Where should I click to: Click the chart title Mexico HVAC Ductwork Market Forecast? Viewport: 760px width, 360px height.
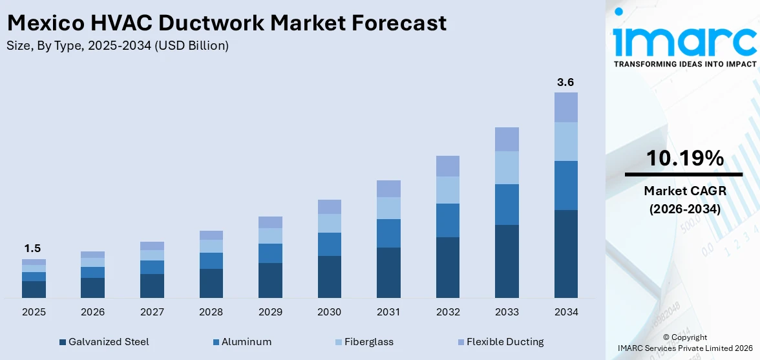pos(226,23)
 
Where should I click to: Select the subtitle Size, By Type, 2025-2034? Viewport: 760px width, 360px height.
pos(117,46)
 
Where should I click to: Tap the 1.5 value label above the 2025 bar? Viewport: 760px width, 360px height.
pos(34,249)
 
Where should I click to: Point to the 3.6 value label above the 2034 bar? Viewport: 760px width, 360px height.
pos(565,82)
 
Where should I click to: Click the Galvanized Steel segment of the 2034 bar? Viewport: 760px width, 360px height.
pos(565,253)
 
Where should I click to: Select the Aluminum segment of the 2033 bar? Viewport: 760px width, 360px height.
pos(507,204)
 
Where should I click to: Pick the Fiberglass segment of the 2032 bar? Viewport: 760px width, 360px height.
pos(447,190)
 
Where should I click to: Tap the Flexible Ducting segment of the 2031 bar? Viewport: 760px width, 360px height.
pos(388,189)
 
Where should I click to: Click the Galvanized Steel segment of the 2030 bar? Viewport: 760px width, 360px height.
pos(329,277)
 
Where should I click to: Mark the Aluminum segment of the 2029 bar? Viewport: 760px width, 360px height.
pos(270,253)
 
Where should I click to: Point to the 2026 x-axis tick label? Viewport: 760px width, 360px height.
pos(93,312)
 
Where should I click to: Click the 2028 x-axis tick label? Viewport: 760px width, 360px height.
pos(211,312)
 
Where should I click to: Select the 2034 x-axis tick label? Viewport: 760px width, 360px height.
pos(565,312)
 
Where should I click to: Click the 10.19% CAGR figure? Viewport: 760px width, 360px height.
pos(684,158)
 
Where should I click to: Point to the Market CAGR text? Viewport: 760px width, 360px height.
pos(684,191)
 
